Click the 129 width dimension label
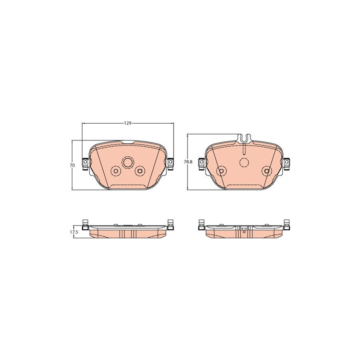128,123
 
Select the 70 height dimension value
72,165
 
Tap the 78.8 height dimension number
188,162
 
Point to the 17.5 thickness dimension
74,232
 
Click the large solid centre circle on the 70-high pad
128,162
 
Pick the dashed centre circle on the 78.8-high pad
244,162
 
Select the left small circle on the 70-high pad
116,171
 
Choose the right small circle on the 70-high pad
140,170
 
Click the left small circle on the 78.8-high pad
221,171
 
